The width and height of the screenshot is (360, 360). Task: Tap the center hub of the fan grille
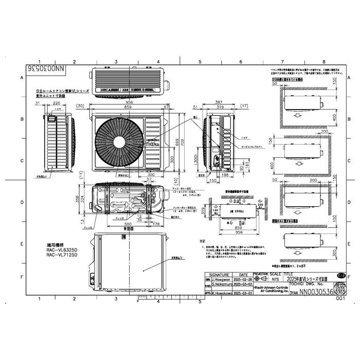tap(119, 140)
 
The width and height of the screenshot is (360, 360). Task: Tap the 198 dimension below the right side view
tap(225, 175)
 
